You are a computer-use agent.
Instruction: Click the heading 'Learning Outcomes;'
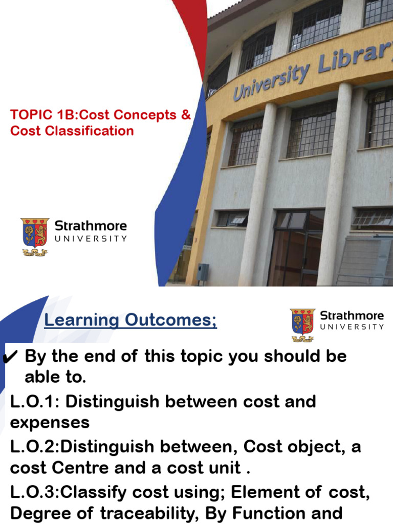tap(130, 321)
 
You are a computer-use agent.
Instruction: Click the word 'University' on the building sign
tap(272, 81)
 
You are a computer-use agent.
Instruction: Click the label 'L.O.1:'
tap(35, 402)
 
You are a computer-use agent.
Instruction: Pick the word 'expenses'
tap(50, 423)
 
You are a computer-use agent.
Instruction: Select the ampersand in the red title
tap(186, 115)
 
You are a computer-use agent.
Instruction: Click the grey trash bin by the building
tap(203, 272)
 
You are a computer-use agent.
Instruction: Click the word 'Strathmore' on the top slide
tap(91, 226)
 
